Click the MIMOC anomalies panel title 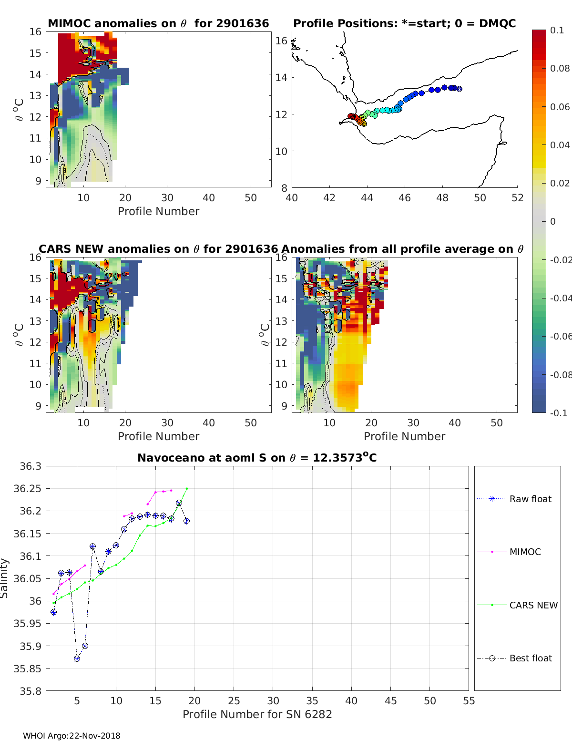(158, 23)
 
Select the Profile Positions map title (404, 23)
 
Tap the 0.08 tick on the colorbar (560, 68)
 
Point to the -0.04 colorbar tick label (560, 298)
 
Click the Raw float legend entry (530, 499)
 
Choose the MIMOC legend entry (525, 552)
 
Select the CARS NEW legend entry (533, 605)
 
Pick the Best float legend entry (530, 658)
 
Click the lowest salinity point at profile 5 (77, 658)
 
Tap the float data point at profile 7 (92, 546)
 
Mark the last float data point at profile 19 (186, 521)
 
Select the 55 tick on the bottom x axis (469, 700)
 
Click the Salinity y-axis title (5, 578)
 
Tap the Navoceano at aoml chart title (257, 458)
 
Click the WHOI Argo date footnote (71, 736)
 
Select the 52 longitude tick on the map (517, 197)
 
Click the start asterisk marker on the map (459, 89)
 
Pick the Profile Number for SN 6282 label (257, 714)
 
